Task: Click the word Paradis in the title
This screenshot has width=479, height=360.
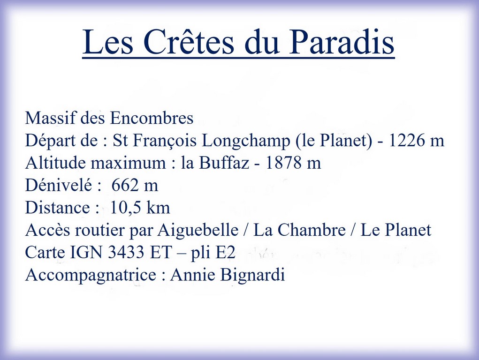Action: pyautogui.click(x=341, y=42)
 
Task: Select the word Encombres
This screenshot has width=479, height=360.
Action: pyautogui.click(x=152, y=118)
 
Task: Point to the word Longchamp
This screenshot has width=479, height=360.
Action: pyautogui.click(x=246, y=141)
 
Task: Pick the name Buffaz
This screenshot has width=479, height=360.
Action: pyautogui.click(x=224, y=163)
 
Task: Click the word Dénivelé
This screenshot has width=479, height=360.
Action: pyautogui.click(x=59, y=185)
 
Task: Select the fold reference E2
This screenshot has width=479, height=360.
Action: pyautogui.click(x=226, y=253)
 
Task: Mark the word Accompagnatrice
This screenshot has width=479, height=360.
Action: pyautogui.click(x=91, y=275)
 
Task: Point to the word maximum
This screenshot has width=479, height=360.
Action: pyautogui.click(x=128, y=163)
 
